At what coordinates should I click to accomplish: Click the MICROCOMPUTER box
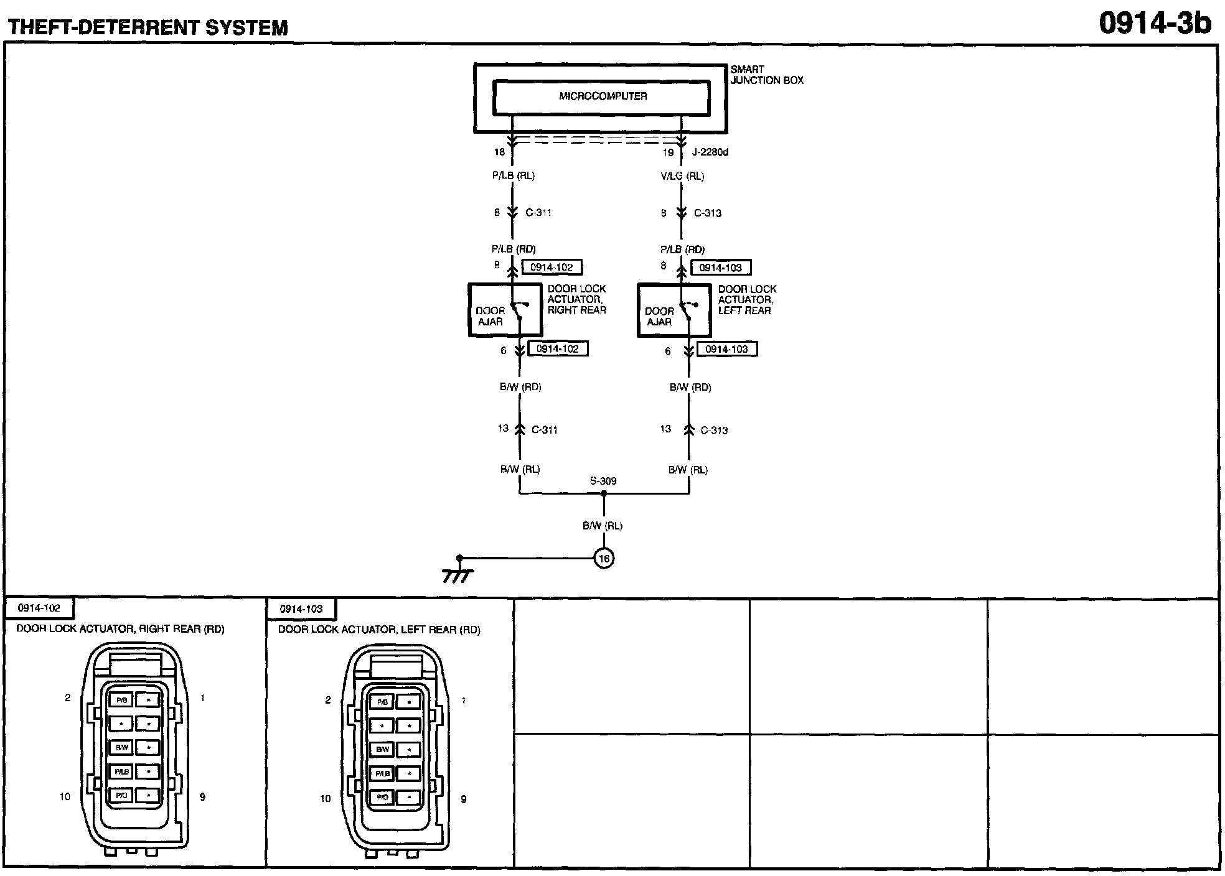click(x=601, y=97)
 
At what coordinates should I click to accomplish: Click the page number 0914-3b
click(x=1155, y=24)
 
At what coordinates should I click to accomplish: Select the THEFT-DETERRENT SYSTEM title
click(x=148, y=27)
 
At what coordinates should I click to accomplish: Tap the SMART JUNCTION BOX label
click(x=766, y=75)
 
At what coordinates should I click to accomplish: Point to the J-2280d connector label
click(x=710, y=152)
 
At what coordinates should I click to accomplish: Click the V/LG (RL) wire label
click(x=682, y=176)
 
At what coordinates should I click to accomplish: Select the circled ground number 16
click(x=604, y=558)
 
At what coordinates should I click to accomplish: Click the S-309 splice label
click(x=603, y=481)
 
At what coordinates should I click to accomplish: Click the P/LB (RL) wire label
click(x=513, y=175)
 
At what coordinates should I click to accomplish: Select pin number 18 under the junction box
click(x=499, y=152)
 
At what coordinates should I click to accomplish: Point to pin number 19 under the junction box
click(x=668, y=152)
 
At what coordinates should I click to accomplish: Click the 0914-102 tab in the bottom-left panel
click(x=39, y=608)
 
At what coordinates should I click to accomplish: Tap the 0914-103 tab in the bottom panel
click(x=301, y=609)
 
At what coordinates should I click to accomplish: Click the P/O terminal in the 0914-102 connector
click(x=121, y=796)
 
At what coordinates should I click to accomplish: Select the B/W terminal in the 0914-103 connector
click(x=382, y=750)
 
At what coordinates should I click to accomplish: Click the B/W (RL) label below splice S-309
click(x=603, y=526)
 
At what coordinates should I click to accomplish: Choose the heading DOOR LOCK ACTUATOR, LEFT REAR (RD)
click(x=379, y=630)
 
